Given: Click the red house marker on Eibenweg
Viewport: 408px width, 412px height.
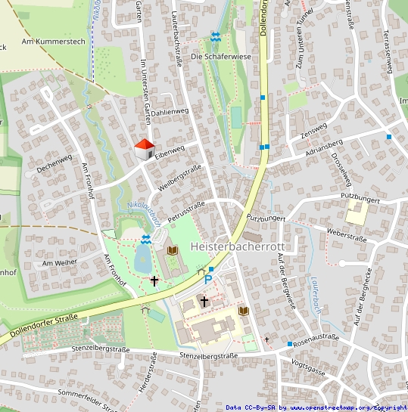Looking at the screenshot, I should pos(144,149).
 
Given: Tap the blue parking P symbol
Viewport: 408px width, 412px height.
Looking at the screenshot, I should pos(208,279).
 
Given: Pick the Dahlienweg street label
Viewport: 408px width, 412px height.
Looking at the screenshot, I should pos(169,112).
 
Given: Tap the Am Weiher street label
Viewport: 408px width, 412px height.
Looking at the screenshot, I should pos(60,262).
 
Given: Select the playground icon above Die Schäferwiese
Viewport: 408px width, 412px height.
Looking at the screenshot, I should pos(216,36).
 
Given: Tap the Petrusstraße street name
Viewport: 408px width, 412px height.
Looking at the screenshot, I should pos(186,210).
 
